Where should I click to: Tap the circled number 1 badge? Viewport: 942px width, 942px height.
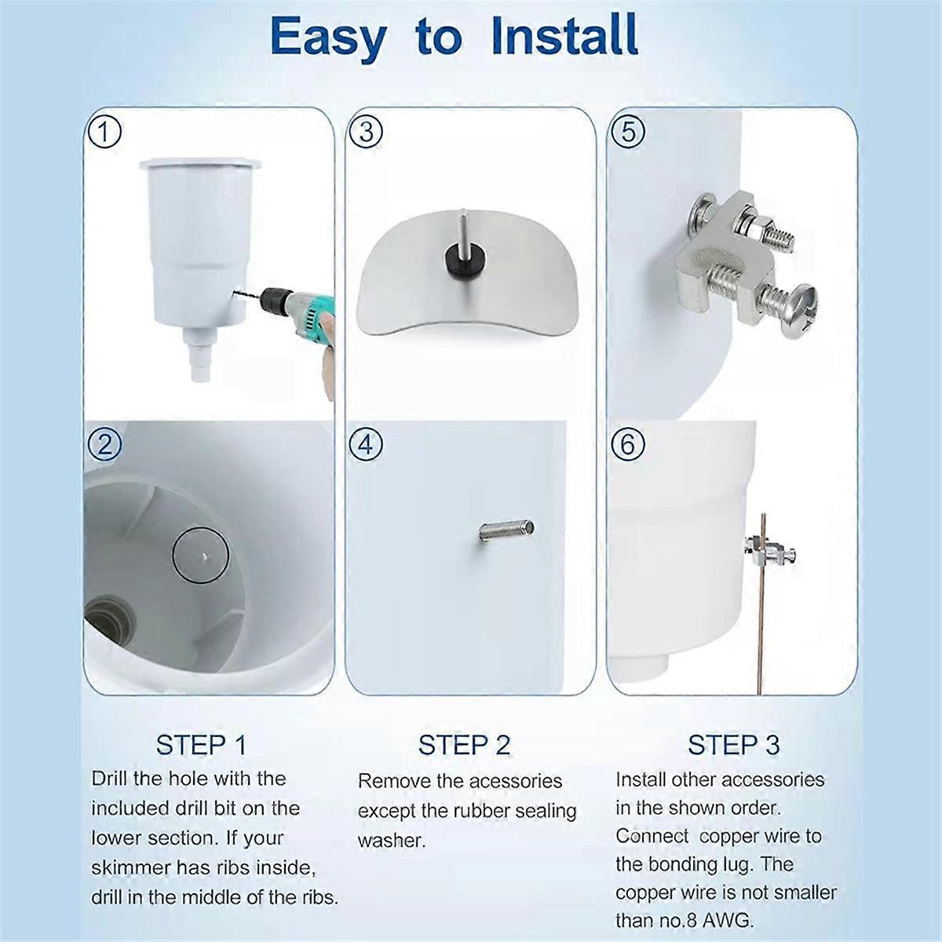click(104, 131)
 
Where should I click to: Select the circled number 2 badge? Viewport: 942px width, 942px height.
click(104, 445)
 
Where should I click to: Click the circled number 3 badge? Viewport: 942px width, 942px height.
click(366, 131)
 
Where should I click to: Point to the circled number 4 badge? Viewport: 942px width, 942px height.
click(366, 445)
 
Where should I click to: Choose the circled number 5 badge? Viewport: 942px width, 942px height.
click(627, 131)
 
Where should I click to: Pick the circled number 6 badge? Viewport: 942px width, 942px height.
click(627, 445)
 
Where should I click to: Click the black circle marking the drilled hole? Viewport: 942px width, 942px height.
click(201, 555)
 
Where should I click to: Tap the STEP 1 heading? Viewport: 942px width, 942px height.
click(201, 744)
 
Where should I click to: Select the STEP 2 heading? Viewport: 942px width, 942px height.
click(464, 744)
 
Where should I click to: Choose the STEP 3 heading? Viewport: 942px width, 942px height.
click(733, 744)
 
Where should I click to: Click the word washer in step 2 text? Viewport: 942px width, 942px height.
click(391, 841)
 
